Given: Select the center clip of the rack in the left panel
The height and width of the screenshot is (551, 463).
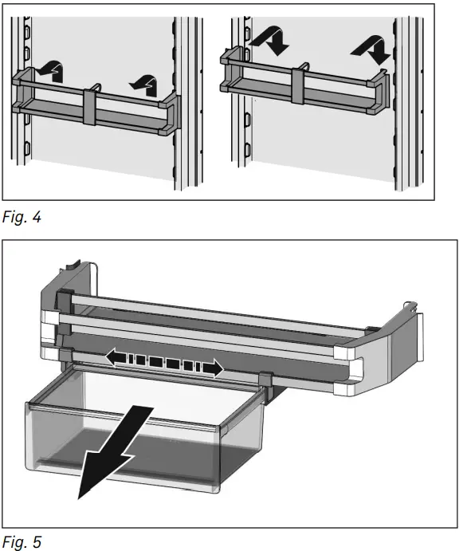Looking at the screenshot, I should (x=90, y=104).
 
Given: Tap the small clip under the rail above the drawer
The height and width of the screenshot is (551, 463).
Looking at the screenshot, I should (x=264, y=377).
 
